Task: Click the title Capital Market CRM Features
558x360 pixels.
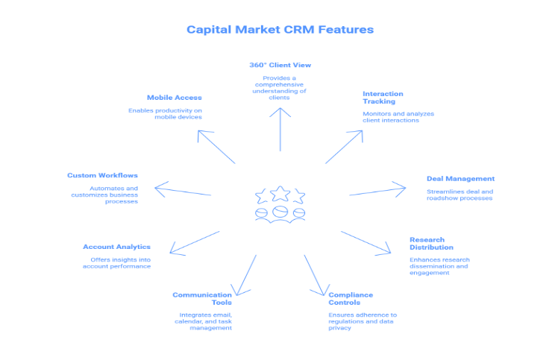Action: (x=280, y=30)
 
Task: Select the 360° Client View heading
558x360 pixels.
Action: (x=280, y=65)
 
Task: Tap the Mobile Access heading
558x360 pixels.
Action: (x=174, y=98)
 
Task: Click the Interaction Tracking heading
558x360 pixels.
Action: (x=383, y=98)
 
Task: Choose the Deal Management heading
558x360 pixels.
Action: (x=460, y=179)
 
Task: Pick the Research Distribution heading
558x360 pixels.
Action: (x=431, y=244)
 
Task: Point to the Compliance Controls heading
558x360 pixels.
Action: (x=351, y=299)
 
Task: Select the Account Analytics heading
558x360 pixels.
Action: (x=116, y=247)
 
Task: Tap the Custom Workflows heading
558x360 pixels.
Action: (x=102, y=176)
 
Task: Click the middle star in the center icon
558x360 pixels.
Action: (x=280, y=194)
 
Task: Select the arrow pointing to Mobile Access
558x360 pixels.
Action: (x=216, y=146)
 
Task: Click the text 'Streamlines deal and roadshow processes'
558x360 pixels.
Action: (x=460, y=195)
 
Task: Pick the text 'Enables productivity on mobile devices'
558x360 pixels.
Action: (x=165, y=114)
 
